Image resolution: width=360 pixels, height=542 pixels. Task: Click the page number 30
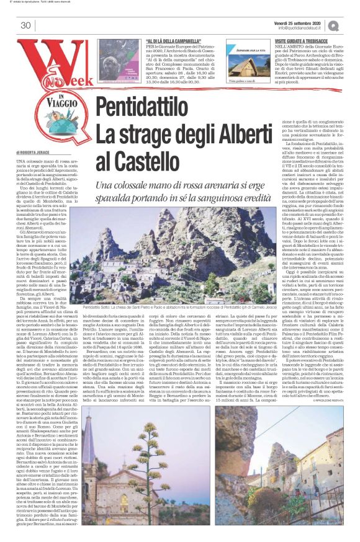point(25,25)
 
